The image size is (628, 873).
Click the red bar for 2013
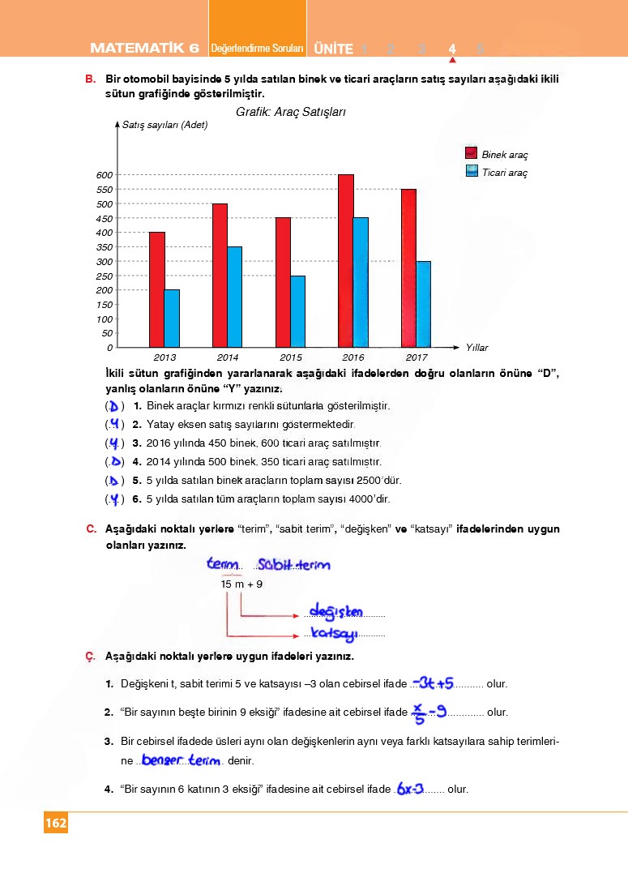(156, 290)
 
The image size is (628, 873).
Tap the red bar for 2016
(346, 261)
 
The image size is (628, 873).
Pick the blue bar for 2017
(423, 304)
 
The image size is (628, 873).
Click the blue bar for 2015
(297, 311)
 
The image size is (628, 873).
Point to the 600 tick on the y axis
(104, 175)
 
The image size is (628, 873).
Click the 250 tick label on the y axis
(104, 276)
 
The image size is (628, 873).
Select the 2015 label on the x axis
(290, 357)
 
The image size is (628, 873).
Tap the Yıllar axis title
(476, 348)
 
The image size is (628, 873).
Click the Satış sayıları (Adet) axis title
(164, 125)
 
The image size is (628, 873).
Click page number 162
(56, 823)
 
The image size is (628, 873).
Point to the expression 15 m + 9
(241, 584)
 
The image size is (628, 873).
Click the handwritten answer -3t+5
(432, 683)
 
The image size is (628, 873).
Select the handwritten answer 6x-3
(411, 788)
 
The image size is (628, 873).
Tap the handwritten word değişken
(336, 611)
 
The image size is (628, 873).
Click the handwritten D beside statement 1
(115, 405)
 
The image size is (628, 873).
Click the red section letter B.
(90, 79)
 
